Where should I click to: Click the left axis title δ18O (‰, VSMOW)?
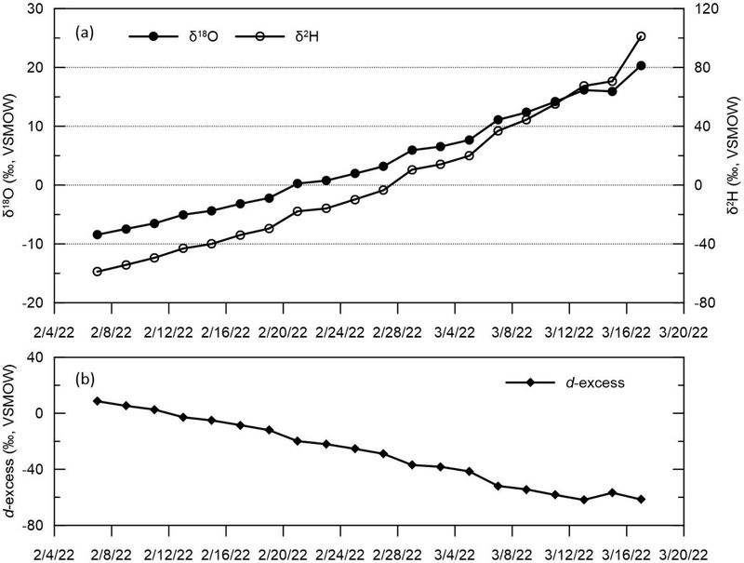[x=12, y=155]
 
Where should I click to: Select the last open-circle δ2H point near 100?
[x=641, y=36]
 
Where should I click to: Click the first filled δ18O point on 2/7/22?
[x=97, y=235]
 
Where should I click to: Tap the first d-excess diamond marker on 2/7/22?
[x=97, y=401]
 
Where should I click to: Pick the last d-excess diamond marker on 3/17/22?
[x=641, y=500]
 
